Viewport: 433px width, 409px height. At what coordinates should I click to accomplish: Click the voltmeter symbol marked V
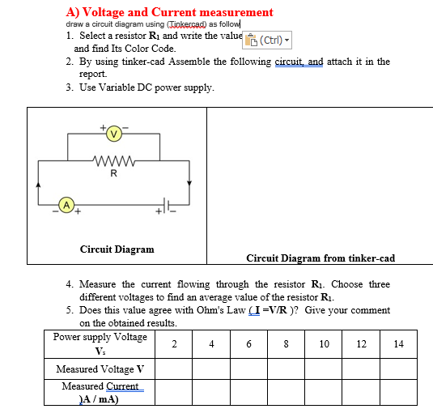(x=113, y=132)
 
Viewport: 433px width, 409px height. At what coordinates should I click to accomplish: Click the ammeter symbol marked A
(x=68, y=203)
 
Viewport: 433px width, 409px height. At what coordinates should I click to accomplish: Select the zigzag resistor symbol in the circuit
(x=112, y=160)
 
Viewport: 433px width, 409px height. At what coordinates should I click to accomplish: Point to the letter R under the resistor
(x=112, y=173)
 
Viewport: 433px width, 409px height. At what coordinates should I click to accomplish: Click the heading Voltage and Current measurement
(x=169, y=12)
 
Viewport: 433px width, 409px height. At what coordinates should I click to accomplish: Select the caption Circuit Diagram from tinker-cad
(x=321, y=258)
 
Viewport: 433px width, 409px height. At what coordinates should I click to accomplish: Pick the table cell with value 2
(x=174, y=343)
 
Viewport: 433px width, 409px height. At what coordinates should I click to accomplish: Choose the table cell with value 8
(x=286, y=343)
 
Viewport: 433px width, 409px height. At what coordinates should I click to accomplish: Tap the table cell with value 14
(x=398, y=343)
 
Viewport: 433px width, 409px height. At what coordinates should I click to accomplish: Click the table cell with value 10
(x=324, y=343)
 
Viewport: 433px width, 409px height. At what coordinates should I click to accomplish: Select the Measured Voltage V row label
(x=100, y=369)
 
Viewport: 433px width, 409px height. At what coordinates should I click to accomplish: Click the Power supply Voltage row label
(x=100, y=343)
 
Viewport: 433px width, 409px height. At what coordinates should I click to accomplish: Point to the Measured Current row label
(x=100, y=393)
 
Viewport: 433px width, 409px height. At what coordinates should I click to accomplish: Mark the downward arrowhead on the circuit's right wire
(x=189, y=183)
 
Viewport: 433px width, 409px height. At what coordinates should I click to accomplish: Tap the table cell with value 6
(x=248, y=343)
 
